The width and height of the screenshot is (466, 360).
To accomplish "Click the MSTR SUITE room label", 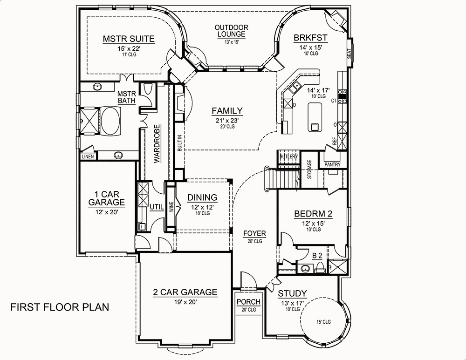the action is (x=129, y=39).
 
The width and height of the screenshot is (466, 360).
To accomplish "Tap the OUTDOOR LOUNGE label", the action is (x=231, y=31).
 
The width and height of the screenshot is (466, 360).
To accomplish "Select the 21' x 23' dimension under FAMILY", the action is (x=227, y=119).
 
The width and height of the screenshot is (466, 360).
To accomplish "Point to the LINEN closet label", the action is (x=88, y=156).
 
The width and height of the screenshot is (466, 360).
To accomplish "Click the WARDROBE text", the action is (x=158, y=143).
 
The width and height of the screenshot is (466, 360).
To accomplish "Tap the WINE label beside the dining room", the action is (x=171, y=207).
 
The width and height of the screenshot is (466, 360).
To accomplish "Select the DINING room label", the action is (x=202, y=197).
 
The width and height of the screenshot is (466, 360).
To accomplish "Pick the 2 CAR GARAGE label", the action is (x=185, y=292).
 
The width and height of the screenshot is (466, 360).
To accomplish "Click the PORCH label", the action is (x=248, y=302).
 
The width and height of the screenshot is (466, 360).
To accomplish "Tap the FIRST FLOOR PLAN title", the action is (x=59, y=307).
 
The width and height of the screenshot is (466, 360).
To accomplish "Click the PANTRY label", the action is (x=332, y=164).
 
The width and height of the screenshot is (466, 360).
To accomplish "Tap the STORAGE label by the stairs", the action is (x=309, y=169).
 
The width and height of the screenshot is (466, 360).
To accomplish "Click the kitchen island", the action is (x=315, y=117).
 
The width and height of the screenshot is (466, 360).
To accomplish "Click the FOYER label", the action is (x=254, y=233).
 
